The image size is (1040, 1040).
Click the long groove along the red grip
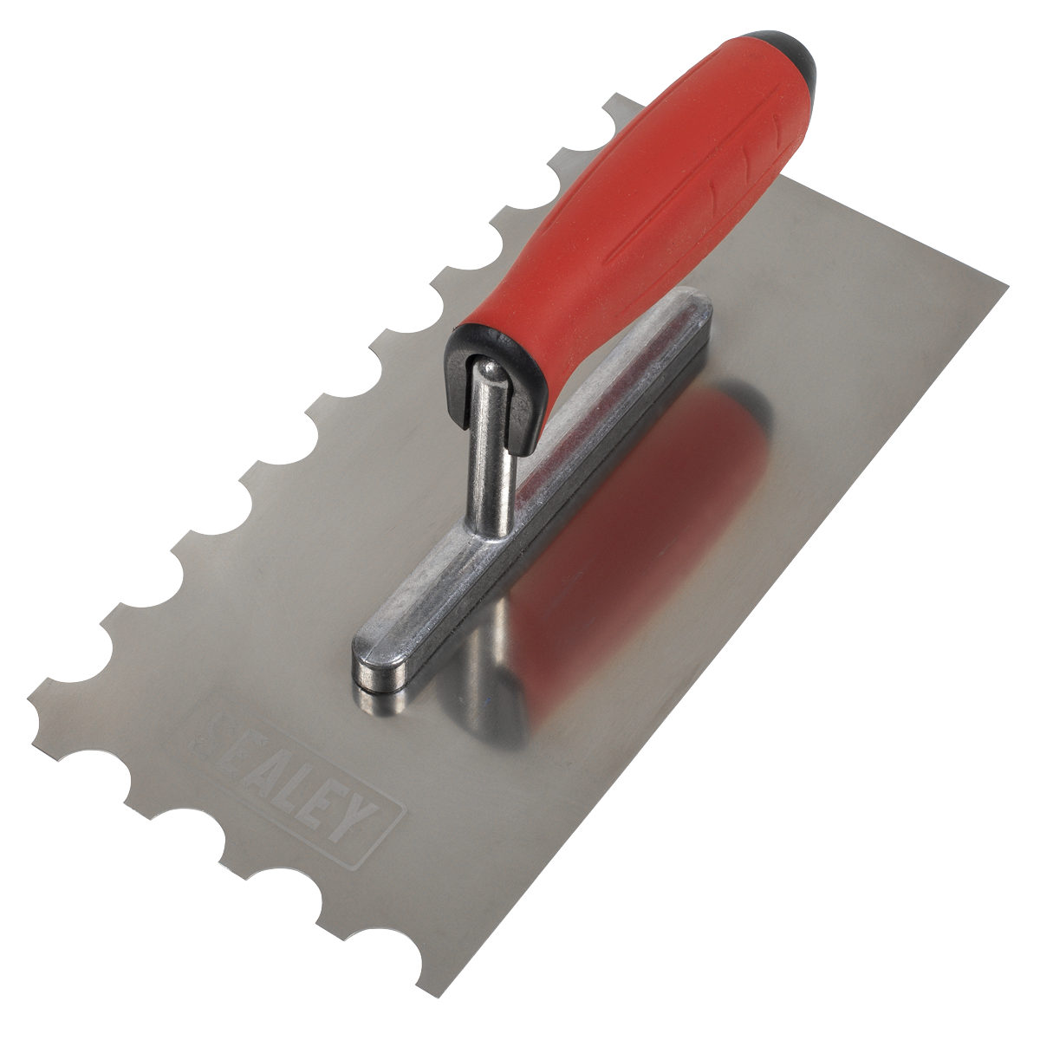pyautogui.click(x=659, y=208)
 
